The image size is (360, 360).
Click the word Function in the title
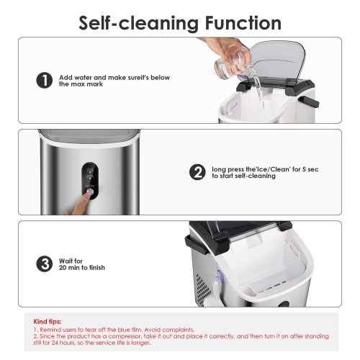[x=243, y=23]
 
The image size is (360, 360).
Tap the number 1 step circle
[x=45, y=80]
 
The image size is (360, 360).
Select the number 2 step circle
[x=197, y=172]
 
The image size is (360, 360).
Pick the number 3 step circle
[x=45, y=264]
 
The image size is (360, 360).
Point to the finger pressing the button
[x=78, y=203]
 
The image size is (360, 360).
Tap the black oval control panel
[x=89, y=181]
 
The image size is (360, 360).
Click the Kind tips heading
[x=48, y=321]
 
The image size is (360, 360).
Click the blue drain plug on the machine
[x=220, y=276]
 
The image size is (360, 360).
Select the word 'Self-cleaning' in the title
[x=139, y=24]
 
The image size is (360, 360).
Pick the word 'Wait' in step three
[x=65, y=261]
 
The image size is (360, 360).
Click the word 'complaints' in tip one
[x=179, y=330]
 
